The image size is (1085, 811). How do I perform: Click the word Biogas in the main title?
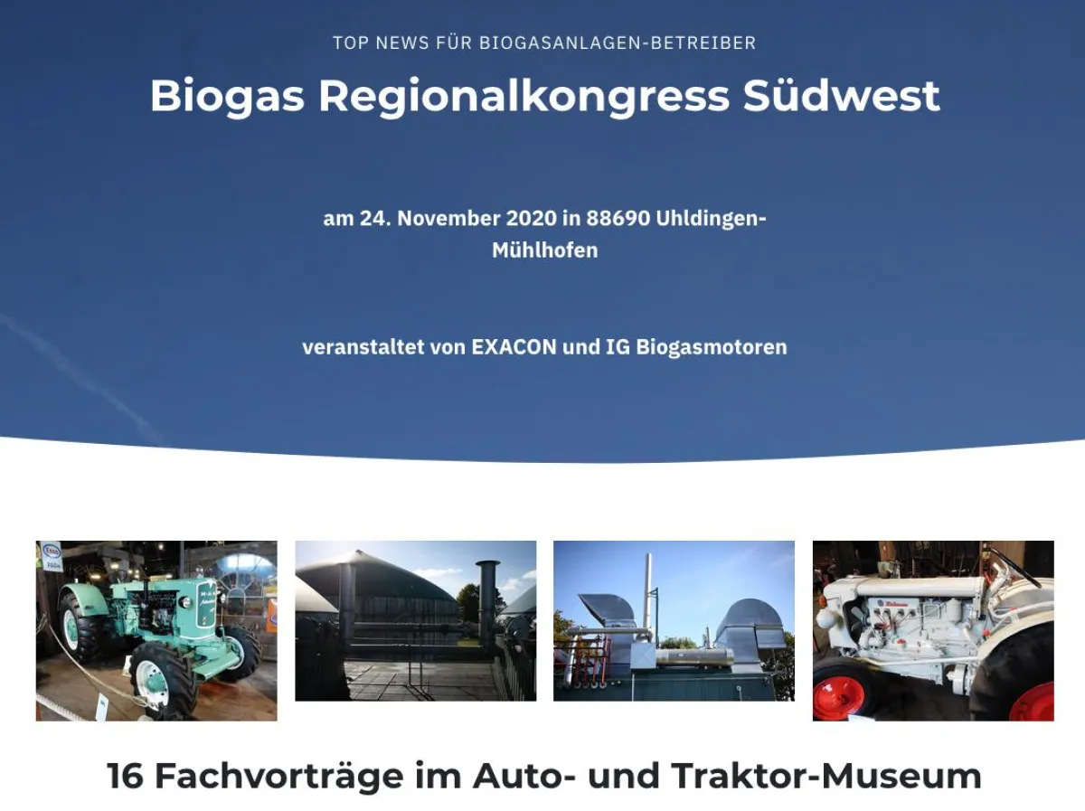tap(227, 96)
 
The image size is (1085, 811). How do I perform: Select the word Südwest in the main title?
tap(842, 96)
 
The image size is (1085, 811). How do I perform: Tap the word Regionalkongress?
tap(524, 96)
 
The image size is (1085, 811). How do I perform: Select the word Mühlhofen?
tap(544, 250)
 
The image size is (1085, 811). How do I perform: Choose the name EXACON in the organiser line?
tap(514, 347)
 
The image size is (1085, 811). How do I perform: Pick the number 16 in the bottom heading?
tap(126, 776)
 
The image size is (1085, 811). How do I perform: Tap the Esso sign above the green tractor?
tap(52, 552)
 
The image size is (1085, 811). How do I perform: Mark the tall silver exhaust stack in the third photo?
tap(647, 592)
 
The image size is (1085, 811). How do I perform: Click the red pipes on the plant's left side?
tap(571, 659)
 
